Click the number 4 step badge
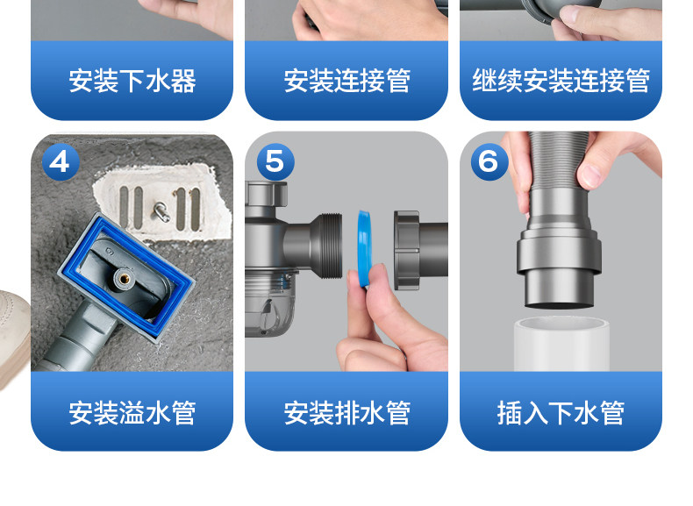(x=61, y=161)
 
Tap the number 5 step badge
(x=275, y=161)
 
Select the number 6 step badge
(x=489, y=161)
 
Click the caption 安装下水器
(x=132, y=81)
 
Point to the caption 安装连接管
(x=347, y=81)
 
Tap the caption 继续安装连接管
(x=561, y=81)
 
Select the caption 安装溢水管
(x=132, y=413)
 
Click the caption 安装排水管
(x=347, y=413)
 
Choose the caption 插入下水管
(x=561, y=413)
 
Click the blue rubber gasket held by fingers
(x=364, y=248)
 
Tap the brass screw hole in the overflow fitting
(x=122, y=278)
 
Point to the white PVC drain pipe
(x=561, y=344)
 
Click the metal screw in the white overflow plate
(x=161, y=210)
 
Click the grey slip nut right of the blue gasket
(x=406, y=250)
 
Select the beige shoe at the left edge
(x=14, y=336)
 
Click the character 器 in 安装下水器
(x=183, y=81)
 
